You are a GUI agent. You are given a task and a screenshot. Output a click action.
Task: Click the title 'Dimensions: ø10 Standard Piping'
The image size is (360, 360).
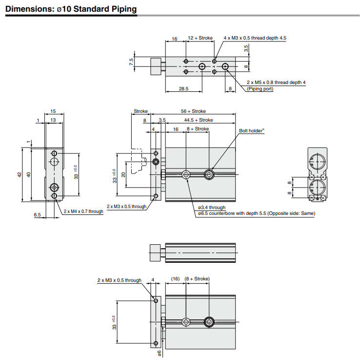[71, 9]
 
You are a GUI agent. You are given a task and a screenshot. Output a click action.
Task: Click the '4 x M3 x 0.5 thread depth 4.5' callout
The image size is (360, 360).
[255, 38]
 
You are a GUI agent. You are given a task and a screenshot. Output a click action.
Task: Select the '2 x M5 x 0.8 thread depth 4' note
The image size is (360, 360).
[276, 82]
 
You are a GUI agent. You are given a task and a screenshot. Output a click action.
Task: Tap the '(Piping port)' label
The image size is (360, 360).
[260, 88]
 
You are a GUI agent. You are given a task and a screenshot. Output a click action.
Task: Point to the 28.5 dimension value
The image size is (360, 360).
[183, 88]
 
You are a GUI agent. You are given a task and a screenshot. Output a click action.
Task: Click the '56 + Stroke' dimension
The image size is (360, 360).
[193, 111]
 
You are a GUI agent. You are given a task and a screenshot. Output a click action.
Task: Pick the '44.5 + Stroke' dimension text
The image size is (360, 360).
[198, 120]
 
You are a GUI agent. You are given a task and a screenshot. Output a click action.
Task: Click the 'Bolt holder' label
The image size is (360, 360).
[251, 131]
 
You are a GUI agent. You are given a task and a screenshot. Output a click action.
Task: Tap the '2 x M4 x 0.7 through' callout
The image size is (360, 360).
[83, 212]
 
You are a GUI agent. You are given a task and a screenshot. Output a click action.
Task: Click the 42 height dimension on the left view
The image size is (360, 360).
[19, 174]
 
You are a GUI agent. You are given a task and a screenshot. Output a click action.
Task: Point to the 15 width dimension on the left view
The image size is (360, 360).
[53, 111]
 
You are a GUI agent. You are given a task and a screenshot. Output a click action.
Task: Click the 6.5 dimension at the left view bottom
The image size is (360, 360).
[37, 214]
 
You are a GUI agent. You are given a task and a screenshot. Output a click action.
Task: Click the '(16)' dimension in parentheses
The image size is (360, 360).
[176, 279]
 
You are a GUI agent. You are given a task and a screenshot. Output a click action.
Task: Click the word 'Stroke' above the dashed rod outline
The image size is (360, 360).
[140, 111]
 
